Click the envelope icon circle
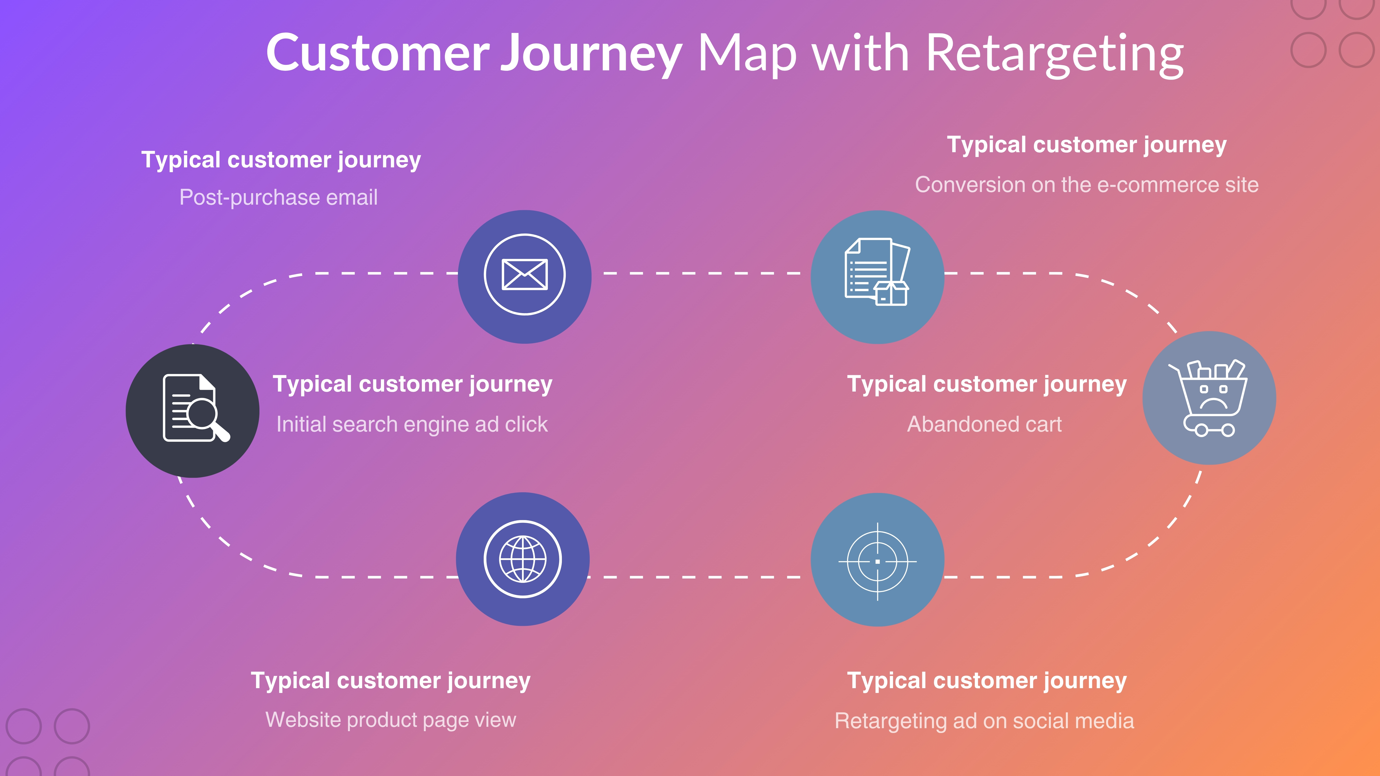point(524,276)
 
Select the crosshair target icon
point(877,561)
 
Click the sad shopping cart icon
point(1209,398)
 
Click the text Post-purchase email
point(278,197)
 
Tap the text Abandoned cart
point(984,424)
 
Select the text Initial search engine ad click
point(411,424)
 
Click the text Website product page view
point(391,720)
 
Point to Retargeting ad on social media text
point(984,721)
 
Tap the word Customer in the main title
point(378,54)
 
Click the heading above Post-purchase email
point(281,160)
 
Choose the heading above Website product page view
point(391,681)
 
